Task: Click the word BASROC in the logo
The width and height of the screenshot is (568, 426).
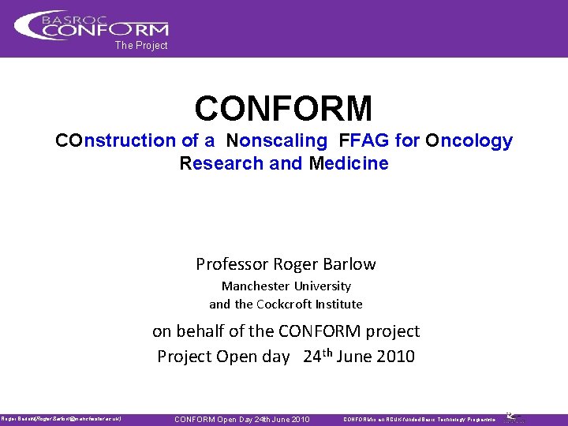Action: point(83,17)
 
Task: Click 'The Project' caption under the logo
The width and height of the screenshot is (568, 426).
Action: point(141,46)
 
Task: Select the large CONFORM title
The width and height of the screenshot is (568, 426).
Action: point(283,108)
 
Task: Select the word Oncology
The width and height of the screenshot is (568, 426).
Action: point(469,141)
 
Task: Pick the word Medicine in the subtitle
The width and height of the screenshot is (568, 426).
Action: point(349,164)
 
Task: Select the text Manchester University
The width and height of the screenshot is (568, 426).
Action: point(286,286)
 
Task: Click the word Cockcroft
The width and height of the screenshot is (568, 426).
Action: point(286,304)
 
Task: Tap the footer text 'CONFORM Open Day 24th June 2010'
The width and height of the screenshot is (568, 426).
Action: point(241,419)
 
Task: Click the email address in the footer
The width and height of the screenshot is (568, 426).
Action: point(83,419)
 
